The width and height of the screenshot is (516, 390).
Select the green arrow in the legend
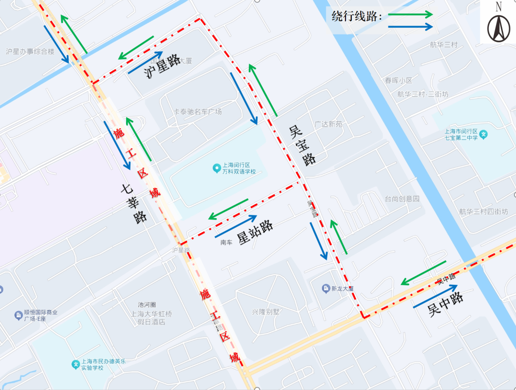coord(410,14)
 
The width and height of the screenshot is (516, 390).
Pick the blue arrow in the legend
coord(410,27)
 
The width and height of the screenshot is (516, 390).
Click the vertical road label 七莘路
coord(134,204)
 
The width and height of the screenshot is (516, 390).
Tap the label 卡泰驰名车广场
coord(197,111)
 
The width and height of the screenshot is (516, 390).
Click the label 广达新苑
coord(328,124)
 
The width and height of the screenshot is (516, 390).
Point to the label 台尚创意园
coord(402,198)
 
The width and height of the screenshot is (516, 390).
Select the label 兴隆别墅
coord(266,312)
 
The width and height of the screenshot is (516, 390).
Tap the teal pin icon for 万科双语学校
coord(216,168)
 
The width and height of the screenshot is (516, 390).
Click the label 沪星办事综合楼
coord(30,51)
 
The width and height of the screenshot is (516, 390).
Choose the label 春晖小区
coord(398,80)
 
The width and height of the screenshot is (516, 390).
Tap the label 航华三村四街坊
coord(484,211)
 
